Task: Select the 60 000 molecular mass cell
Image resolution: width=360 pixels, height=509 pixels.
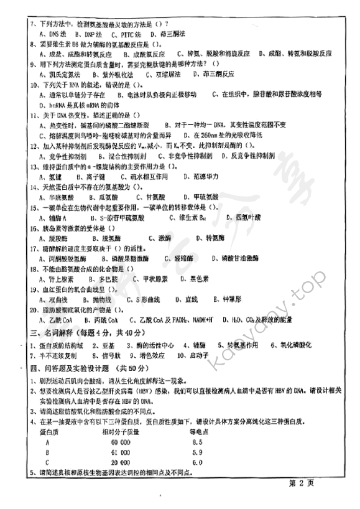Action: click(116, 442)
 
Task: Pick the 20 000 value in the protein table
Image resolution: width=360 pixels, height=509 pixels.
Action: click(116, 462)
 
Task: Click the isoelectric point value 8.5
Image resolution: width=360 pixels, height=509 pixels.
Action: click(197, 442)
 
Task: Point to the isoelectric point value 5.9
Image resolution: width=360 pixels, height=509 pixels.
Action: click(197, 452)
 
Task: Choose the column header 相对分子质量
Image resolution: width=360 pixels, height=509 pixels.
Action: click(118, 431)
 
